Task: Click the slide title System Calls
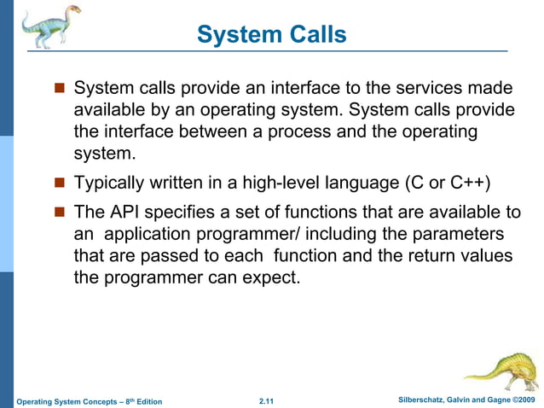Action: pyautogui.click(x=271, y=34)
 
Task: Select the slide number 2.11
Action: pyautogui.click(x=270, y=401)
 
